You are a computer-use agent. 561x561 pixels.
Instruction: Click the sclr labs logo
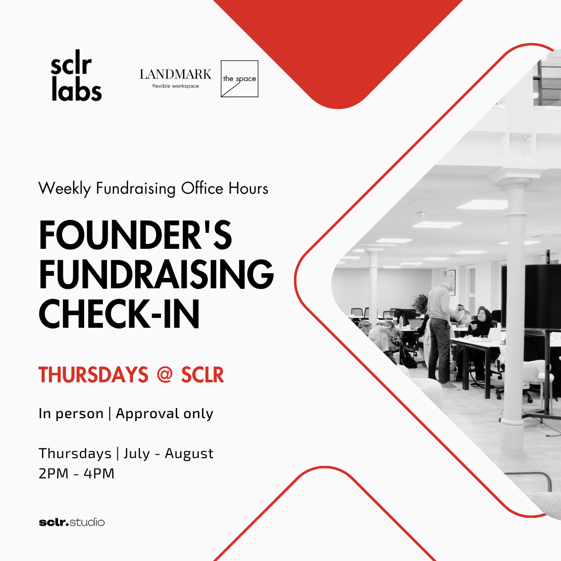pyautogui.click(x=76, y=75)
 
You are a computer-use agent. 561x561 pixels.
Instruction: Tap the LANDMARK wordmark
pyautogui.click(x=176, y=74)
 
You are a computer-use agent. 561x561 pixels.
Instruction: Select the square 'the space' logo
pyautogui.click(x=239, y=79)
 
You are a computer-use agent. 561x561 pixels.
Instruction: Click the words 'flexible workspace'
pyautogui.click(x=176, y=86)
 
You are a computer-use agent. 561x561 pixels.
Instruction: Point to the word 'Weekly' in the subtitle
pyautogui.click(x=64, y=189)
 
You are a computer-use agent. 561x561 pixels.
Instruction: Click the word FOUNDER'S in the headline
pyautogui.click(x=135, y=235)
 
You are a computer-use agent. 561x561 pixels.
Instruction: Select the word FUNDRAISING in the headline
pyautogui.click(x=156, y=274)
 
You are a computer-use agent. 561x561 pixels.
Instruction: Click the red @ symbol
pyautogui.click(x=165, y=375)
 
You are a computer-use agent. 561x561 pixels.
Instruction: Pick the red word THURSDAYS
pyautogui.click(x=93, y=375)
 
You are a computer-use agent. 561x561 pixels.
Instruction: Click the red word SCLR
pyautogui.click(x=203, y=375)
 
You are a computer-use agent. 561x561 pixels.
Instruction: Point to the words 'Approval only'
pyautogui.click(x=164, y=414)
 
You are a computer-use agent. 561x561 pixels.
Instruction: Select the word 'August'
pyautogui.click(x=189, y=453)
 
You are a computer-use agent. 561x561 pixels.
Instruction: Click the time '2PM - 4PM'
pyautogui.click(x=76, y=473)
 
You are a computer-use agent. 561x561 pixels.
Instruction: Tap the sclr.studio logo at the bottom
pyautogui.click(x=72, y=523)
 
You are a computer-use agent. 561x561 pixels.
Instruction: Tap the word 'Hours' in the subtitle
pyautogui.click(x=248, y=189)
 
